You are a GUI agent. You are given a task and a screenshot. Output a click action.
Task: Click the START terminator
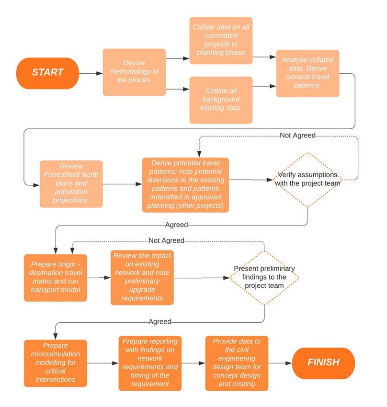pos(47,73)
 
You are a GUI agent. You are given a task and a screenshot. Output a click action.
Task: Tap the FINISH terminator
pos(323,363)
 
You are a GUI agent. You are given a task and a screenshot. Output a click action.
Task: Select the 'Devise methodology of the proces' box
pos(134,72)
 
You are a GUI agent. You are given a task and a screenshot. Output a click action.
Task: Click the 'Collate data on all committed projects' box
pos(221,41)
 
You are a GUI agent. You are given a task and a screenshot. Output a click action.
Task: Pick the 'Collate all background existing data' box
pos(221,100)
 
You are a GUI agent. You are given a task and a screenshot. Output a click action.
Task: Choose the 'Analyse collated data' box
pos(307,73)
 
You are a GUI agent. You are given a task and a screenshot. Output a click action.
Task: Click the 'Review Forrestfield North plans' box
pos(71,184)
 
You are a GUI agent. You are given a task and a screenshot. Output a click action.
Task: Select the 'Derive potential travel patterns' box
pos(185,185)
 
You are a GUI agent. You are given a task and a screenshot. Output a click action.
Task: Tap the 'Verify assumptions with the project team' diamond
pos(307,180)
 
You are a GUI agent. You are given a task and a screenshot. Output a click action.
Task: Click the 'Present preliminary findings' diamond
pos(264,277)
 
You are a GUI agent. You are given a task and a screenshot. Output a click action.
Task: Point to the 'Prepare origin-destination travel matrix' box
pos(55,278)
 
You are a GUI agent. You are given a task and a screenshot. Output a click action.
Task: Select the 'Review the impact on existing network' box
pos(142,277)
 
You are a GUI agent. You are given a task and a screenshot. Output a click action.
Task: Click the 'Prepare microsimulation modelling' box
pos(55,363)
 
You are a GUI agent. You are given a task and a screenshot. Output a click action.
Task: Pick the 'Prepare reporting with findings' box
pos(150,363)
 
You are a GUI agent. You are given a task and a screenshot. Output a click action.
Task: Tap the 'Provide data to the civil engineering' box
pos(237,363)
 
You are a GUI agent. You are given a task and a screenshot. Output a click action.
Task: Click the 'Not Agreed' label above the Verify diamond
pos(297,136)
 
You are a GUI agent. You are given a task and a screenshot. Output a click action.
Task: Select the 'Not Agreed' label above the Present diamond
pos(166,241)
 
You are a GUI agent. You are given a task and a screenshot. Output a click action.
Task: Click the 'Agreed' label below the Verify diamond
pos(177,225)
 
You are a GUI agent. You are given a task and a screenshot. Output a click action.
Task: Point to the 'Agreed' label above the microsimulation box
pos(160,322)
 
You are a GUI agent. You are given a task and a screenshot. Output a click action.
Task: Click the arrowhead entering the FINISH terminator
pos(289,363)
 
